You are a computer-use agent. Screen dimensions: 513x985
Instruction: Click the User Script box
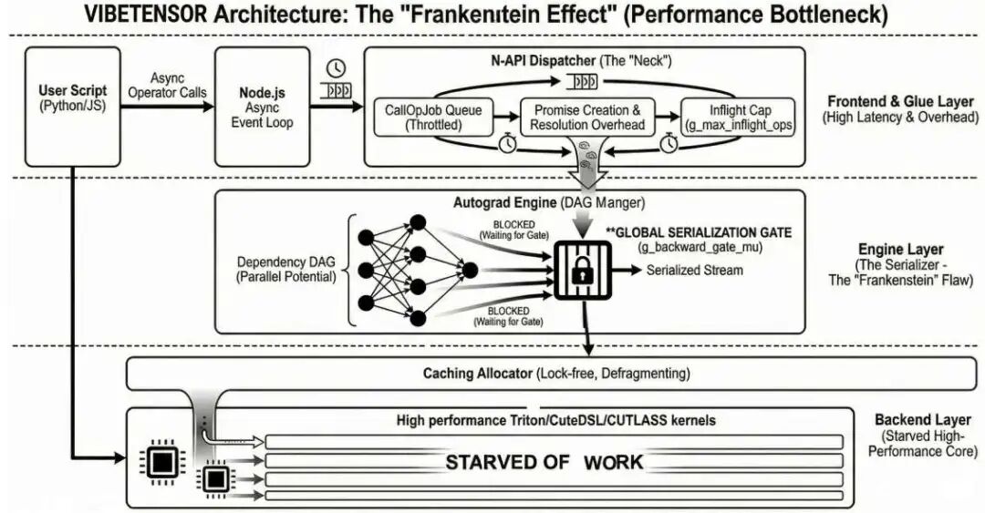click(73, 107)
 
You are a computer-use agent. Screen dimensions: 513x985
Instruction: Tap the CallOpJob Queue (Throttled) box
click(433, 118)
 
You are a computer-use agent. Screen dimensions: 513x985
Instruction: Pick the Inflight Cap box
click(740, 118)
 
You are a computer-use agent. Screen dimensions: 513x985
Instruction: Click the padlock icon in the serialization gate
click(580, 271)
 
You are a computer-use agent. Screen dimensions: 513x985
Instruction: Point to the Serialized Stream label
click(694, 271)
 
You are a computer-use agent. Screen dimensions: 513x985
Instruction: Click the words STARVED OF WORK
click(544, 462)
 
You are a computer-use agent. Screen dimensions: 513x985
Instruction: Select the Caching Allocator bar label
click(556, 374)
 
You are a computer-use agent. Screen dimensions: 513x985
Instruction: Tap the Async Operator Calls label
click(167, 87)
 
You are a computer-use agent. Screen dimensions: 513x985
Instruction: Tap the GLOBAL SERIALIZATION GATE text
click(703, 233)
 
